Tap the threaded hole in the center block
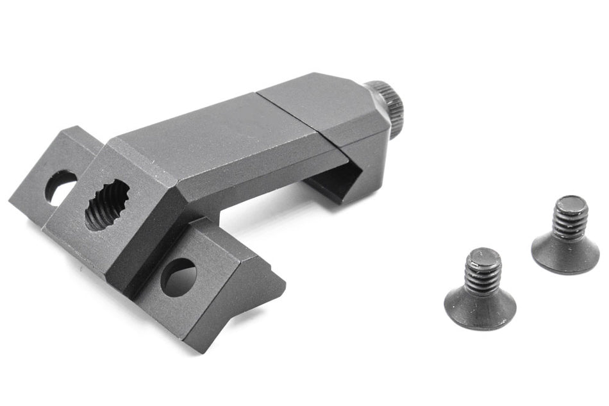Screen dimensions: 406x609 [x=106, y=204]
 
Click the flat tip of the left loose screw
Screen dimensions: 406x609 [x=480, y=258]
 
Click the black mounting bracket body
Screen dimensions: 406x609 [x=192, y=180]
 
